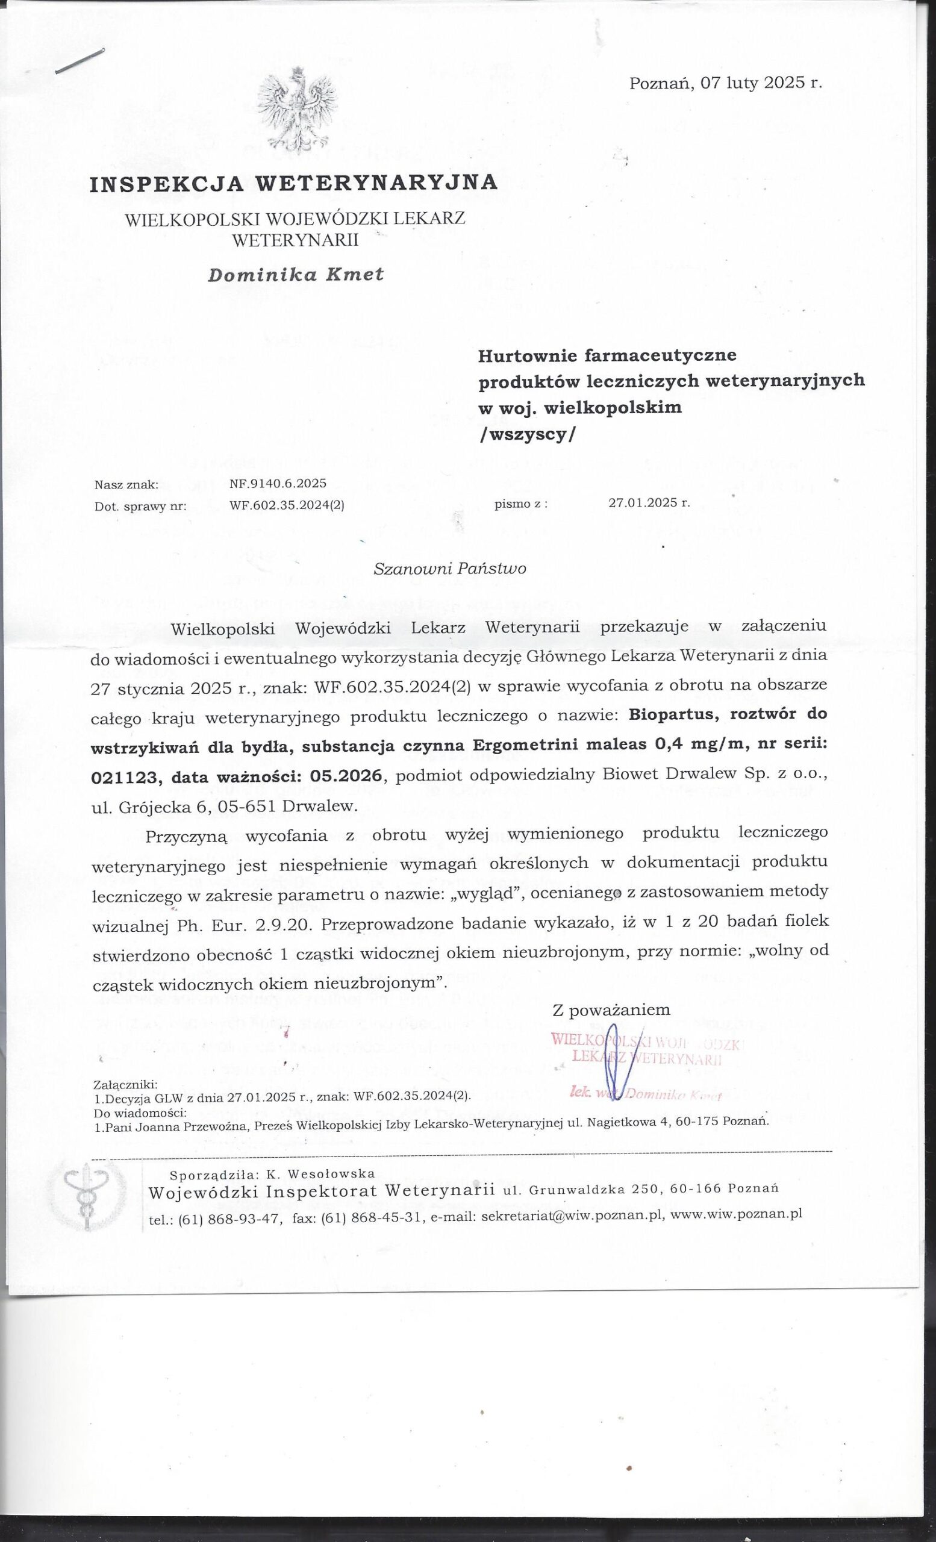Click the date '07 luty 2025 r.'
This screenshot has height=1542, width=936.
761,83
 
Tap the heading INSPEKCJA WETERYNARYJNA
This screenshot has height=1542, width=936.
294,183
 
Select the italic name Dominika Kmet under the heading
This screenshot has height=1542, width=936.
296,274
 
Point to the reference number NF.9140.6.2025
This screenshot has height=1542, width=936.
278,483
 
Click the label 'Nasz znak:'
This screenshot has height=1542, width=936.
126,484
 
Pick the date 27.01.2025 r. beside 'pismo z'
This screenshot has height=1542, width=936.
649,502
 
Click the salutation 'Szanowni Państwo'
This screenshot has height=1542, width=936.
449,568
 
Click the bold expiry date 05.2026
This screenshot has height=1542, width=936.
350,776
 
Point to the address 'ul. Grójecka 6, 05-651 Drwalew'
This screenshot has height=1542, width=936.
225,806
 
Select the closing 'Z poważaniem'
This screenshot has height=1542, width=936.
611,1010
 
